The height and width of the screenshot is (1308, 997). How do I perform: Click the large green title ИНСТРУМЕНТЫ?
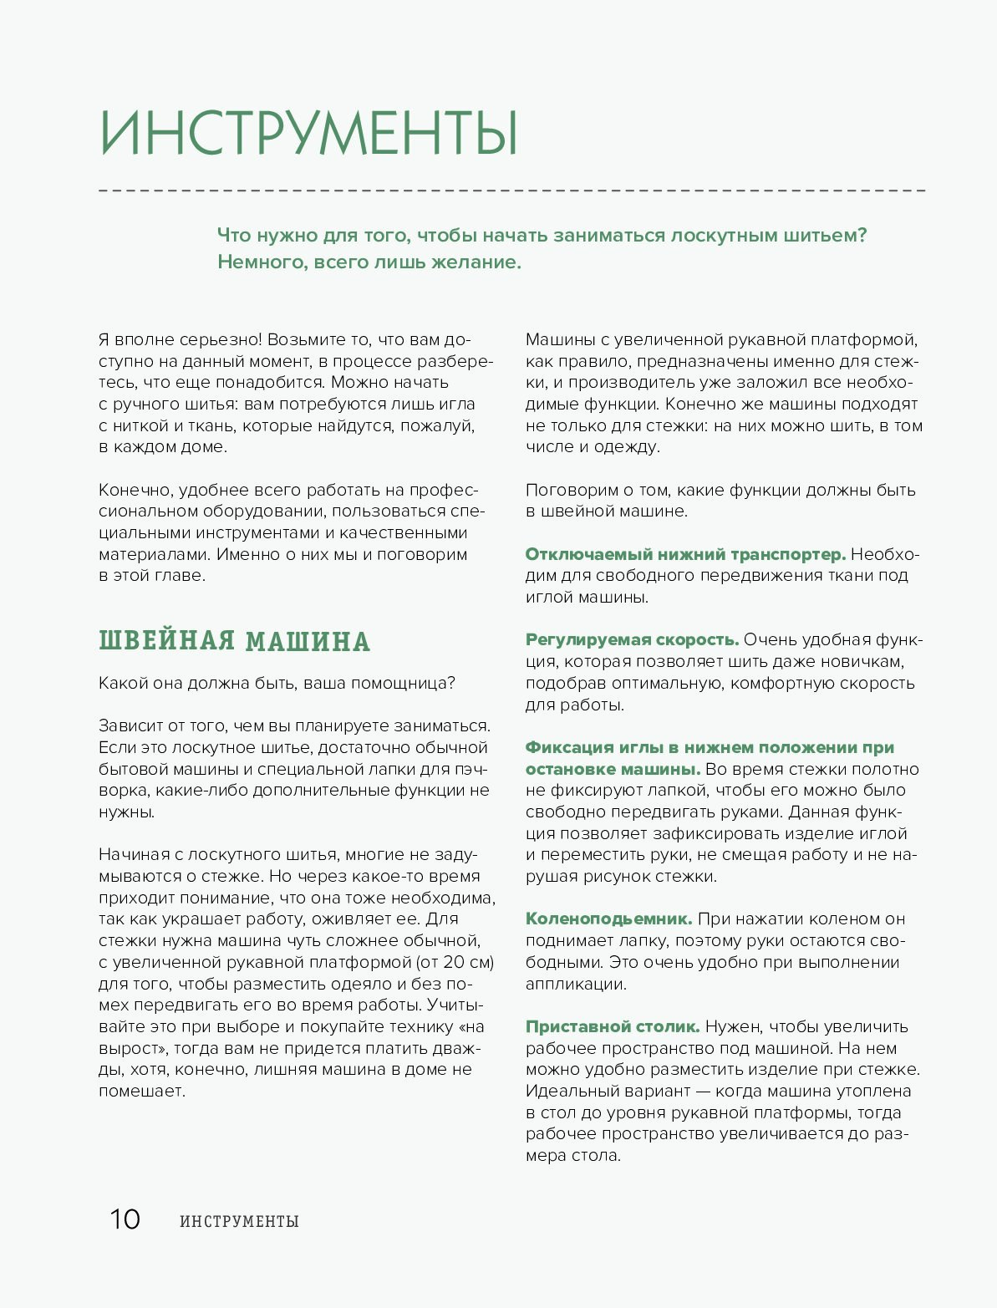pos(309,133)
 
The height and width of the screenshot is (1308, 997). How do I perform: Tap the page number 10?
pos(125,1219)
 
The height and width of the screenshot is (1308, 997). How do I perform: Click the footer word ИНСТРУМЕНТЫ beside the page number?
pos(239,1221)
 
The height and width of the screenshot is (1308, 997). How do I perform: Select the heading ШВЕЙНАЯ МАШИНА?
pos(234,641)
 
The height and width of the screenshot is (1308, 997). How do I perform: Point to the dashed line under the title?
pos(511,191)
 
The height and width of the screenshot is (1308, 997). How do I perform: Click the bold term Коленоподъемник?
pos(608,919)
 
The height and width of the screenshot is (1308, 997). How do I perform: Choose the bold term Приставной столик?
pos(612,1026)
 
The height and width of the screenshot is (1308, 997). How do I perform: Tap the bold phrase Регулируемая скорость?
pos(632,639)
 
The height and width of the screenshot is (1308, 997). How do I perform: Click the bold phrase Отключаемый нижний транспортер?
pos(685,554)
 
